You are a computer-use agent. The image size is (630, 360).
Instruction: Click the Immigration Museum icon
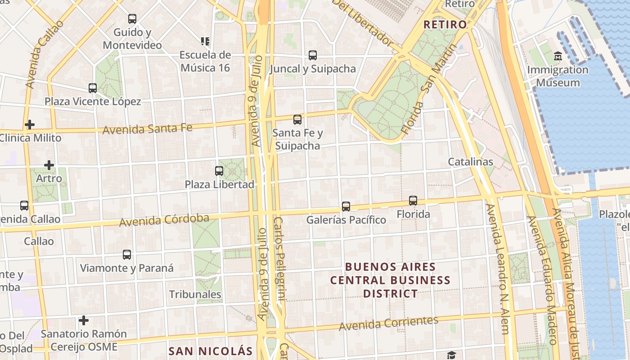pyautogui.click(x=558, y=56)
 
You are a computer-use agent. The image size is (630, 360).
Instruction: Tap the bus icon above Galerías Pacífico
pyautogui.click(x=346, y=207)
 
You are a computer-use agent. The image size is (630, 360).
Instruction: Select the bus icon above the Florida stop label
pyautogui.click(x=413, y=201)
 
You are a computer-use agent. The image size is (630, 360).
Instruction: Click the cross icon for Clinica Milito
pyautogui.click(x=30, y=125)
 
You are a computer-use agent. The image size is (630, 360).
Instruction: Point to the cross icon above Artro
pyautogui.click(x=49, y=165)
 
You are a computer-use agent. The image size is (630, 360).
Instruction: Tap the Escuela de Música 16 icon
pyautogui.click(x=205, y=42)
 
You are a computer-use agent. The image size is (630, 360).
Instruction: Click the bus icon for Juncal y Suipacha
pyautogui.click(x=312, y=55)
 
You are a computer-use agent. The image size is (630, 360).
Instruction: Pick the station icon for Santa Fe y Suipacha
pyautogui.click(x=297, y=120)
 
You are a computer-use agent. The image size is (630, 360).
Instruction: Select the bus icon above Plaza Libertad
pyautogui.click(x=219, y=171)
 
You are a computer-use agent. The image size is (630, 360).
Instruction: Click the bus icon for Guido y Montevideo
pyautogui.click(x=132, y=19)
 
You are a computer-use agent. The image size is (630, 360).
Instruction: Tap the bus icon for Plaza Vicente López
pyautogui.click(x=93, y=88)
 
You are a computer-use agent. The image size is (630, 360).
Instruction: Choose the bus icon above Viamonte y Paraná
pyautogui.click(x=127, y=255)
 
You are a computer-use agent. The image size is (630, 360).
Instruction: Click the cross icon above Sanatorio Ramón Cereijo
pyautogui.click(x=84, y=320)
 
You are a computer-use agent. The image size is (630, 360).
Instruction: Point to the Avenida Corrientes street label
pyautogui.click(x=388, y=323)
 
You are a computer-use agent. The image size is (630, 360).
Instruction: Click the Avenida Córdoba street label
pyautogui.click(x=164, y=220)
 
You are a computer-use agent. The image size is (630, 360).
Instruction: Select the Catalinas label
pyautogui.click(x=470, y=162)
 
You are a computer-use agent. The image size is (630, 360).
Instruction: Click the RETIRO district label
pyautogui.click(x=445, y=24)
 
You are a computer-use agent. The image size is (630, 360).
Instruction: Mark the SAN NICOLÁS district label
pyautogui.click(x=211, y=351)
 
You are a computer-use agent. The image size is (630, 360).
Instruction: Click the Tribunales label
pyautogui.click(x=195, y=294)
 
